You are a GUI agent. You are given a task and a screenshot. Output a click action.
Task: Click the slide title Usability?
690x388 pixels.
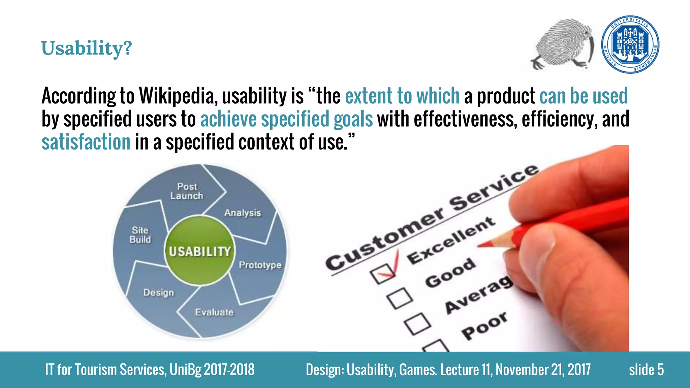click(x=86, y=48)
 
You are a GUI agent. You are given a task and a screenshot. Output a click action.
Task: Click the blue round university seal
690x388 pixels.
click(x=630, y=44)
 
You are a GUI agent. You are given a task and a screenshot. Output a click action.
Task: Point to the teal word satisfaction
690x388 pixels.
click(x=86, y=142)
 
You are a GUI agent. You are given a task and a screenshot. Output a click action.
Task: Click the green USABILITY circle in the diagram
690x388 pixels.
click(x=199, y=251)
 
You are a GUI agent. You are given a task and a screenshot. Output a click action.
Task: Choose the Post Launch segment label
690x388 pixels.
click(x=187, y=191)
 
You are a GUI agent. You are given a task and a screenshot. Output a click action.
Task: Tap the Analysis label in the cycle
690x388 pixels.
click(x=243, y=213)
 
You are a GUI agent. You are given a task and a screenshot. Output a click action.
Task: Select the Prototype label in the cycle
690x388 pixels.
click(x=260, y=265)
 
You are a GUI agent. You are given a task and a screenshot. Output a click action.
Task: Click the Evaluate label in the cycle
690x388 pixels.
click(x=214, y=312)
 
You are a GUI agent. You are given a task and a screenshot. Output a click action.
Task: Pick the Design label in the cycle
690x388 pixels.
click(x=158, y=292)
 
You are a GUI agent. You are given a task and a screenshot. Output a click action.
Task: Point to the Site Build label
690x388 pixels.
click(x=140, y=235)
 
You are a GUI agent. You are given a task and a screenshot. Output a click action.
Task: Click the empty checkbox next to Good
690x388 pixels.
click(x=400, y=298)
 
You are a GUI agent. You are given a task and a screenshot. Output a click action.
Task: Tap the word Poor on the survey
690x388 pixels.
click(x=484, y=326)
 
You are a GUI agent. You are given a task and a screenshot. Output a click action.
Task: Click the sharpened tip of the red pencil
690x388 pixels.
click(x=480, y=245)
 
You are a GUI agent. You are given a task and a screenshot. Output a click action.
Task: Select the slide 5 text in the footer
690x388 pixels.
click(x=646, y=370)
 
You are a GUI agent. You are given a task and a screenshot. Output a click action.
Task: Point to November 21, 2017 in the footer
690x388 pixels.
click(x=543, y=370)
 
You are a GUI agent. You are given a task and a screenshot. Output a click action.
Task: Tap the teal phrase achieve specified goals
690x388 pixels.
click(x=286, y=119)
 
